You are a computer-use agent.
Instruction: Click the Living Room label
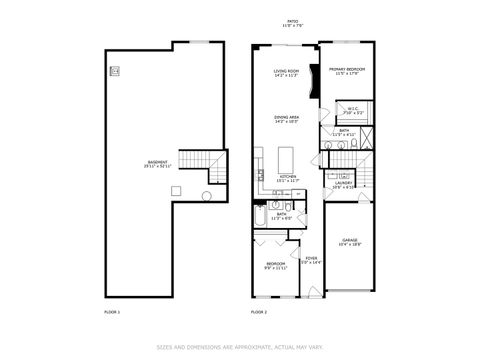coord(287,72)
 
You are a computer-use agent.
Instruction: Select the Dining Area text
coord(287,120)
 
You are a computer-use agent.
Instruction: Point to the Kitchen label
coord(287,179)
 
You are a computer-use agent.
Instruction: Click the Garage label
coord(350,243)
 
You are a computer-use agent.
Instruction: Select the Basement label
coord(157,165)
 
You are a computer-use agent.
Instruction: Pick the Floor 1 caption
coord(112,313)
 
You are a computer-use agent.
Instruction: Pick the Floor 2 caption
coord(258,313)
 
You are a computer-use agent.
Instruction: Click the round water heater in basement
coord(208,196)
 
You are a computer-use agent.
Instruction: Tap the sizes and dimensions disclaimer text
coord(240,348)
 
